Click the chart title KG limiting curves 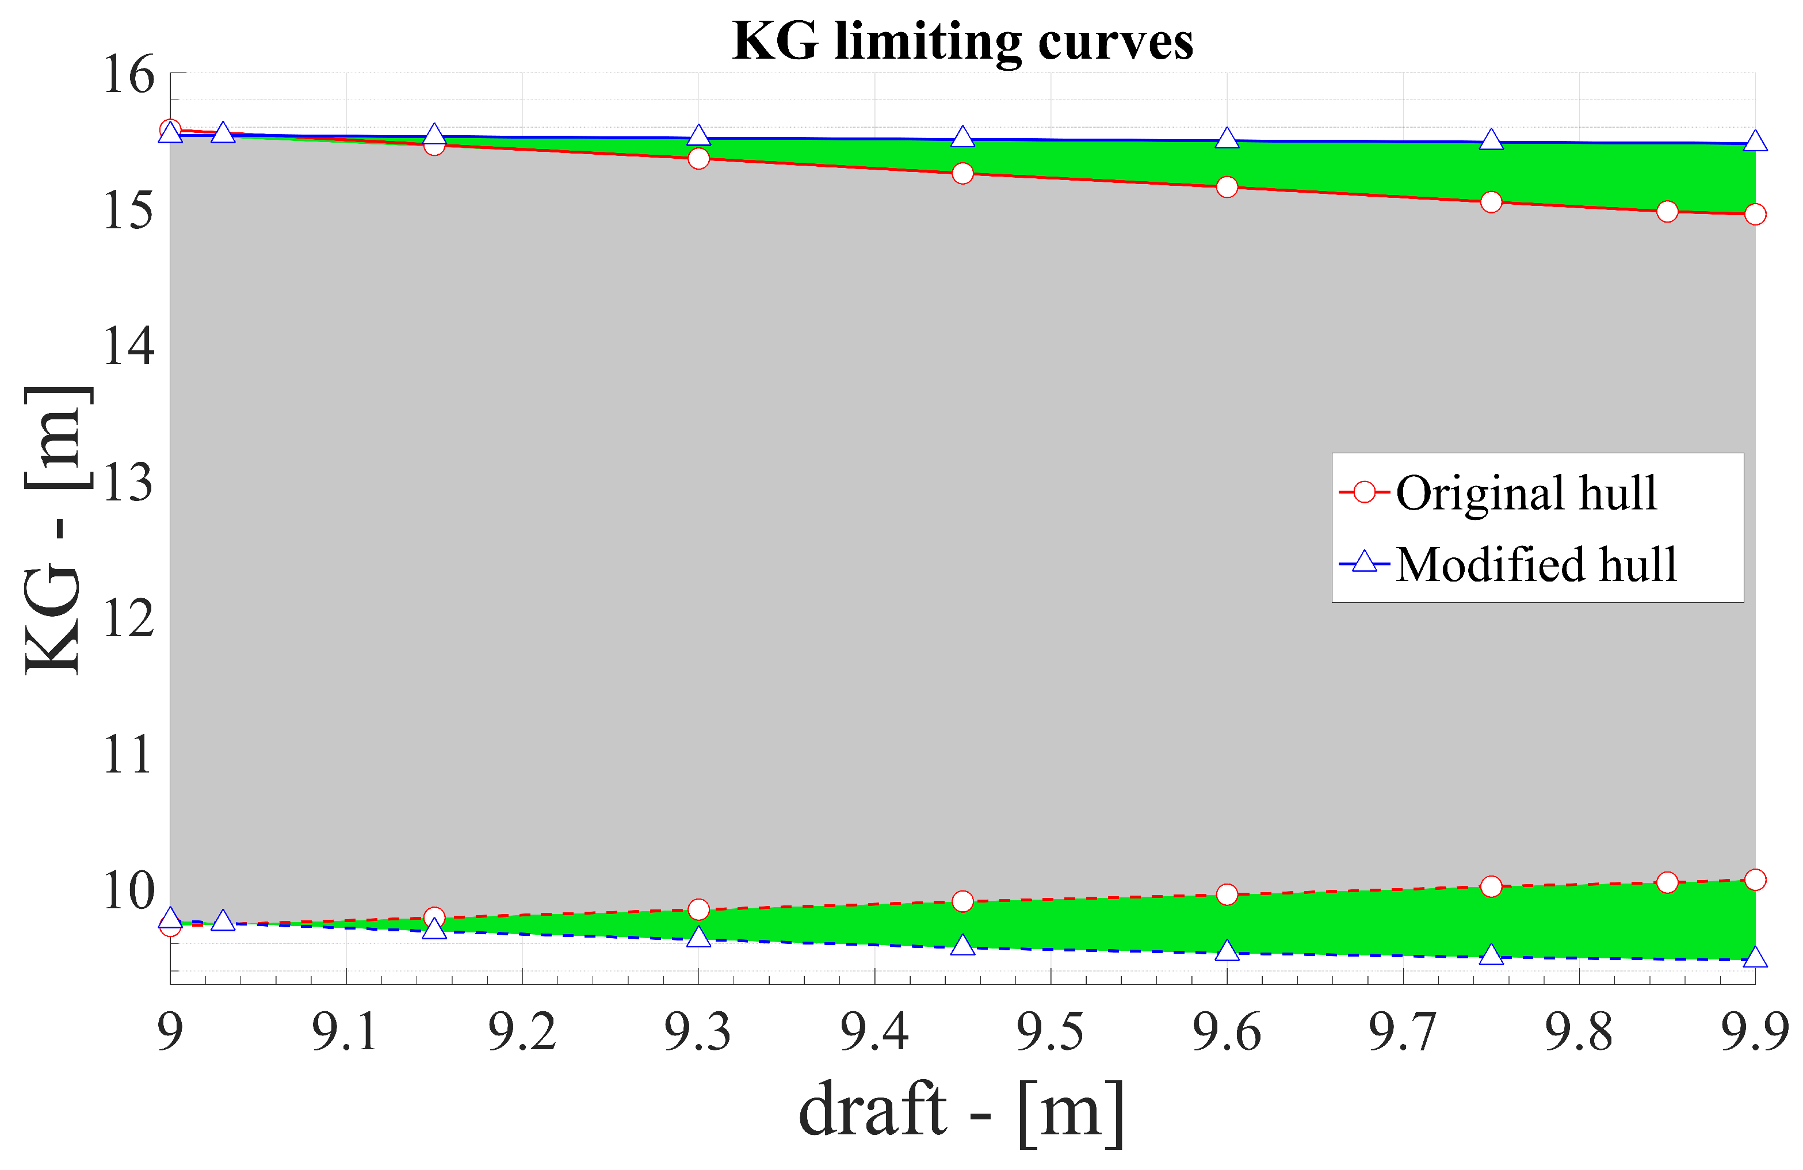coord(962,41)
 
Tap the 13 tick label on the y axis coord(129,483)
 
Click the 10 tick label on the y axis coord(129,892)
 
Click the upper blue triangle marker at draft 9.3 coord(698,136)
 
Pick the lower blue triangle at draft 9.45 coord(962,945)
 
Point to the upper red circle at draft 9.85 coord(1667,211)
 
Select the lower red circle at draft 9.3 coord(698,909)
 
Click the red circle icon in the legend coord(1363,493)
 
